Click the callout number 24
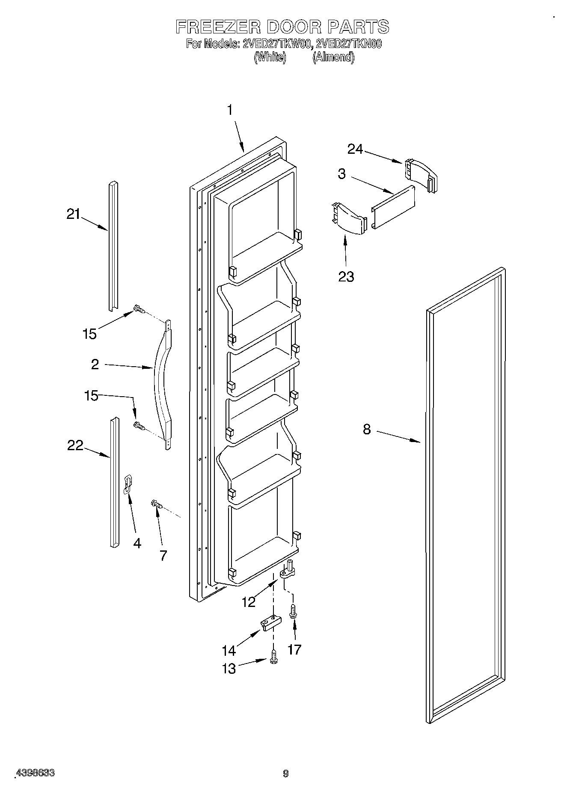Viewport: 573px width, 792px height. [x=355, y=149]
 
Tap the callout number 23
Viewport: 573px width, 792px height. [x=346, y=277]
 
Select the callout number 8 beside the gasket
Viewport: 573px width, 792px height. [x=367, y=429]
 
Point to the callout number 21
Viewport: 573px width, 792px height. [x=73, y=214]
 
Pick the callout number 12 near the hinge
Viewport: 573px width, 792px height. [x=249, y=602]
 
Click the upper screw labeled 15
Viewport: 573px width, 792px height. [x=139, y=309]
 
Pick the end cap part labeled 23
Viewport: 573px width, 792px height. [x=349, y=219]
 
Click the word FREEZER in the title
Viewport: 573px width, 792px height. [x=218, y=27]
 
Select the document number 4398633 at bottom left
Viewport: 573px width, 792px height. [x=35, y=773]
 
